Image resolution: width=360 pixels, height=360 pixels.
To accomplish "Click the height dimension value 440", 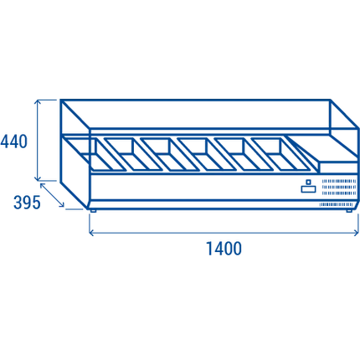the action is coord(14,141).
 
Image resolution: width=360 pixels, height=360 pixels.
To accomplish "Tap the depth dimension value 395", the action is coord(27,203).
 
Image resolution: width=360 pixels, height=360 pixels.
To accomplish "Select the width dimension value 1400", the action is coord(224,249).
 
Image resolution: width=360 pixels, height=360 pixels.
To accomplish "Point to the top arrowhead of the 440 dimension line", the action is coord(38,101).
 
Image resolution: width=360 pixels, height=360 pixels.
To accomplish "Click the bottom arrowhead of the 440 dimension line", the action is coord(38,178).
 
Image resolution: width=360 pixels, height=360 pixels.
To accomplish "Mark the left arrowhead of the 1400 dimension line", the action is coord(91,232).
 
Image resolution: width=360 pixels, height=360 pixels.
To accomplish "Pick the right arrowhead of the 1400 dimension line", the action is coord(357,232).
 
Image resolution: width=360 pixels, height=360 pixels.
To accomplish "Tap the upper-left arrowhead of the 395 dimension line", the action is coord(43,186).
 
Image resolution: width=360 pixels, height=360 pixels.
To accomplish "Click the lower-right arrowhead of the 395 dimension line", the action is coord(62,205).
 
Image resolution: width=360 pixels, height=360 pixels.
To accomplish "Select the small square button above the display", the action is coord(308,182).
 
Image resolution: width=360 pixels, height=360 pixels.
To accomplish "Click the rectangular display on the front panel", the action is coord(309,189).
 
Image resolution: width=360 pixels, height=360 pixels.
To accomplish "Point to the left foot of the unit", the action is coord(93,211).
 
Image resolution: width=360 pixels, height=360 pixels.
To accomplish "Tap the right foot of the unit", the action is coord(349,211).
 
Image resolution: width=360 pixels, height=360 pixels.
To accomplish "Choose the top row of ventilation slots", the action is coord(339,181).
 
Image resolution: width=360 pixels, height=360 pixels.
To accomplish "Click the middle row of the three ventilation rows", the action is coord(339,187).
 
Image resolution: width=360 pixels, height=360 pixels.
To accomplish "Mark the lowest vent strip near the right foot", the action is coord(337,204).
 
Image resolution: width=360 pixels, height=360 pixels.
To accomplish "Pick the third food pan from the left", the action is coord(170,154).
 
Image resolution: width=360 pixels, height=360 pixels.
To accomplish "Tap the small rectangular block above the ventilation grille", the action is coord(338,167).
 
